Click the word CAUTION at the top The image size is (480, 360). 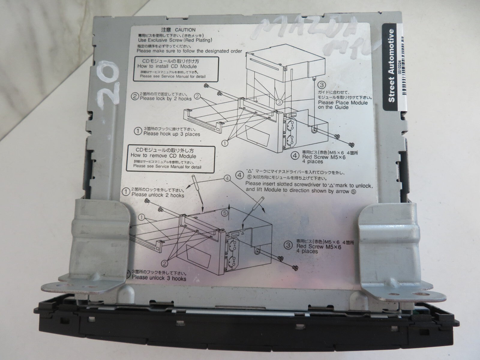pyautogui.click(x=185, y=30)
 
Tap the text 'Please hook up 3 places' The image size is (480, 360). pyautogui.click(x=171, y=134)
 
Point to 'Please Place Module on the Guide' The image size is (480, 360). pyautogui.click(x=343, y=105)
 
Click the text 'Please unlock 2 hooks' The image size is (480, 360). pyautogui.click(x=158, y=195)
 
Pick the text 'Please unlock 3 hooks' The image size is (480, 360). pyautogui.click(x=159, y=279)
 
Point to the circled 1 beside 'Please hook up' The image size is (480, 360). pyautogui.click(x=138, y=131)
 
